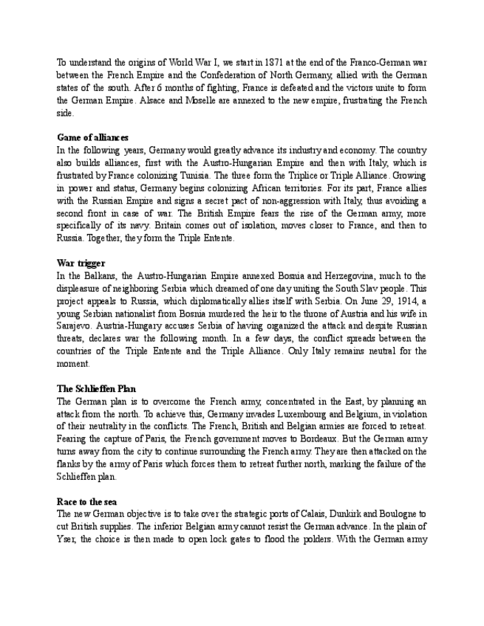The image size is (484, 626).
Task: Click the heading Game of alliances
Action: [x=92, y=137]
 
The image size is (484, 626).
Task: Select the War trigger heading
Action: [x=81, y=263]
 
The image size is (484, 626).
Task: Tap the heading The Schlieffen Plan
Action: [x=96, y=388]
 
